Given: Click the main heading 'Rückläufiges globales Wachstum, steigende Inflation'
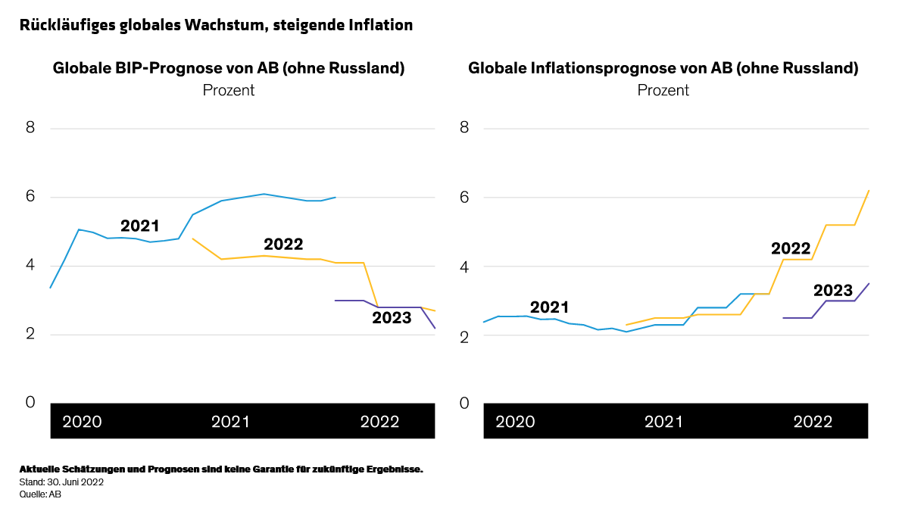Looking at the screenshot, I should point(217,25).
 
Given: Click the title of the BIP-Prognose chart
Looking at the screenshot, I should point(228,68).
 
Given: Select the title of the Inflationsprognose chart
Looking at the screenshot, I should point(663,68).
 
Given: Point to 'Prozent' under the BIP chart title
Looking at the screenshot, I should point(228,90).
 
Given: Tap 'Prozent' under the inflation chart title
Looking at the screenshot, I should point(663,90).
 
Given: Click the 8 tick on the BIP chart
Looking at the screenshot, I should point(30,127).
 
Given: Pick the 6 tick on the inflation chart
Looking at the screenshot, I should point(464,197).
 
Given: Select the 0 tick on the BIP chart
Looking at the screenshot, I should point(30,402).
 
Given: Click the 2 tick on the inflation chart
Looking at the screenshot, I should point(464,335).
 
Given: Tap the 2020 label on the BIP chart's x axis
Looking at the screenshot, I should point(82,422).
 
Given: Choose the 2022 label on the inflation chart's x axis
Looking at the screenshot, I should point(813,422).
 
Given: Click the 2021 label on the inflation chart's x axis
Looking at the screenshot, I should point(664,422).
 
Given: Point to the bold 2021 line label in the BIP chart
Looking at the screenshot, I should point(140,226).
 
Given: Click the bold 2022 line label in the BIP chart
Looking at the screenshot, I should point(283,245).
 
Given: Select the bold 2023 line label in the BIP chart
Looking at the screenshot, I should point(392,318).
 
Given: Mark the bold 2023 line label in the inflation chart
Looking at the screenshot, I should point(833,290).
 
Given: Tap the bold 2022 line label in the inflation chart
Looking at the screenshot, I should point(791,248).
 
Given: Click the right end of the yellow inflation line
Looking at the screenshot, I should point(869,191).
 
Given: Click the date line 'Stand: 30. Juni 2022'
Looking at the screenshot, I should point(61,482).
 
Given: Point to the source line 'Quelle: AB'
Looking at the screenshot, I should point(40,494).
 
